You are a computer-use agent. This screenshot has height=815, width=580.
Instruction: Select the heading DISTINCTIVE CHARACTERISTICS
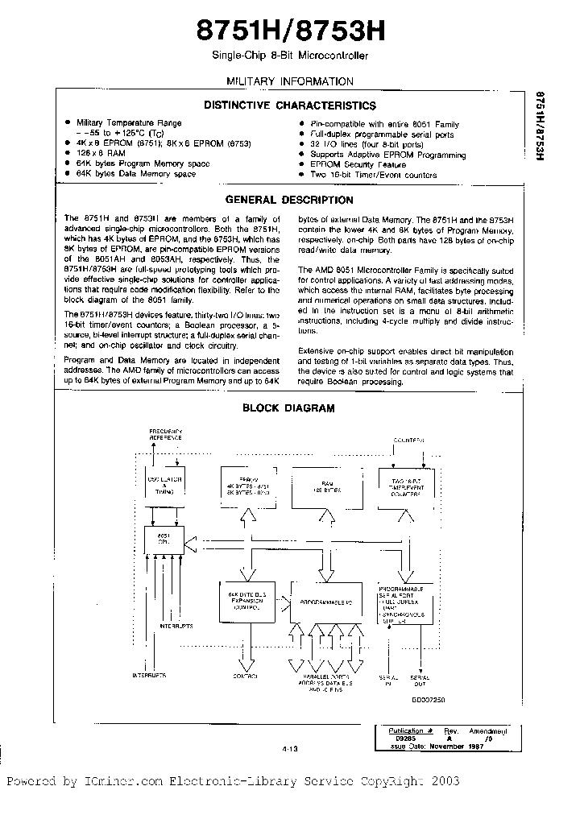[289, 105]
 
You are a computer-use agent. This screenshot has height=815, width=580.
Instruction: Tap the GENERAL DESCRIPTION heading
[289, 200]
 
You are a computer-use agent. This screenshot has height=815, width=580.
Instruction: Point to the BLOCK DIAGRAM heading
[289, 408]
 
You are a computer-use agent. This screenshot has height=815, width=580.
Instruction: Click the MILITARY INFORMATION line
[289, 81]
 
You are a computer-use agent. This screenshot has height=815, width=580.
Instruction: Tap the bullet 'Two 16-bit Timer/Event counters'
[374, 174]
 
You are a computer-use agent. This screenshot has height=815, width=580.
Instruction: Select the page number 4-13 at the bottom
[290, 748]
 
